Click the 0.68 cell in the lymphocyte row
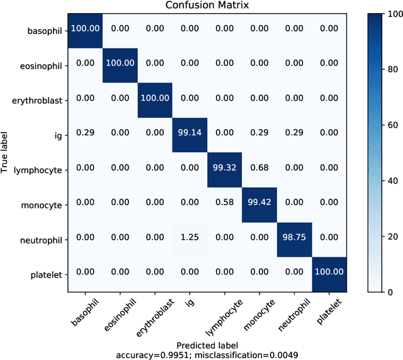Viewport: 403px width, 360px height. coord(259,168)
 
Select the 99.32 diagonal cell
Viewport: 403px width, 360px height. coord(224,168)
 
